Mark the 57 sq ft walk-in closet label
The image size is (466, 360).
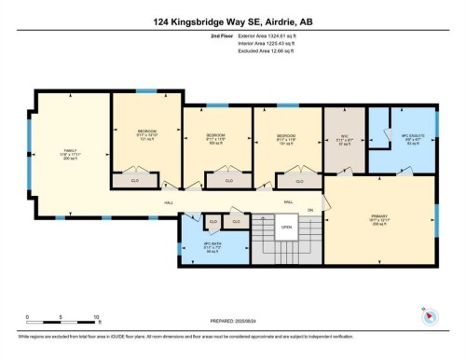point(342,139)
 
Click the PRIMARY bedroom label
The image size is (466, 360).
point(379,220)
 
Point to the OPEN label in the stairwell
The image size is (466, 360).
point(286,227)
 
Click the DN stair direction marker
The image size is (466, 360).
point(310,209)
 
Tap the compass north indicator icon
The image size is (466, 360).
point(426,315)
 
